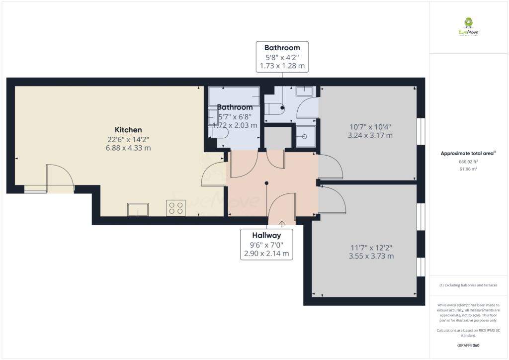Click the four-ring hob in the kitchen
(176, 207)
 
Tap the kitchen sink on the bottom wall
(138, 210)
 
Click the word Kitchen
(128, 130)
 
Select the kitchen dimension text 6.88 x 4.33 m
(128, 148)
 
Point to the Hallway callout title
(266, 235)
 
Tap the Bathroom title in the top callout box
(282, 48)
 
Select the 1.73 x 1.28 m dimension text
(282, 66)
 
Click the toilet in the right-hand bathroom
(274, 108)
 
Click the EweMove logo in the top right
(468, 26)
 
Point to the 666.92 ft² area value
(468, 162)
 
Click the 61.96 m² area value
(468, 169)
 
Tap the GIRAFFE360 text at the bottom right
(468, 345)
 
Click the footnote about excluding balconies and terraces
(468, 285)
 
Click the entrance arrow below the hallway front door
(282, 223)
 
